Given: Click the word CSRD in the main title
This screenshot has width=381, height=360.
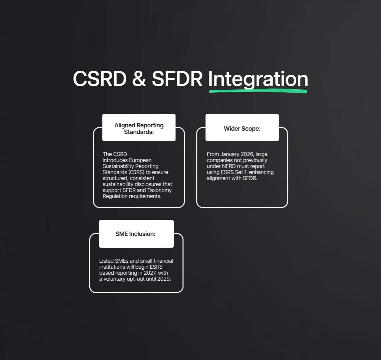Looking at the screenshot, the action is pos(100,79).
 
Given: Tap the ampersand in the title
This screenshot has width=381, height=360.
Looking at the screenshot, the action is pos(139,79).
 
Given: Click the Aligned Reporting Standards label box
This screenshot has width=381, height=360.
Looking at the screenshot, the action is pos(139,127).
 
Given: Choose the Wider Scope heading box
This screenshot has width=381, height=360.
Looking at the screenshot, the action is pos(242,127).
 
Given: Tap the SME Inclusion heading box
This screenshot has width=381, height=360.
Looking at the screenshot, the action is pos(136,234).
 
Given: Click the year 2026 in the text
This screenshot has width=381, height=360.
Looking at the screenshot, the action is pos(247,154).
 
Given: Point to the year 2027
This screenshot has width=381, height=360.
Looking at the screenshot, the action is pos(150,273).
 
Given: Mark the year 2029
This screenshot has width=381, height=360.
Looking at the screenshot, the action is pos(164,279).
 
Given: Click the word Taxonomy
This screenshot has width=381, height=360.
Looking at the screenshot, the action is pos(160,190).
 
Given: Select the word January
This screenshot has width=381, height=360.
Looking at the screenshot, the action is pos(229,154).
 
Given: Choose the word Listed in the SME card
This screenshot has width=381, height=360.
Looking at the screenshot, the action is pos(107,261).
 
